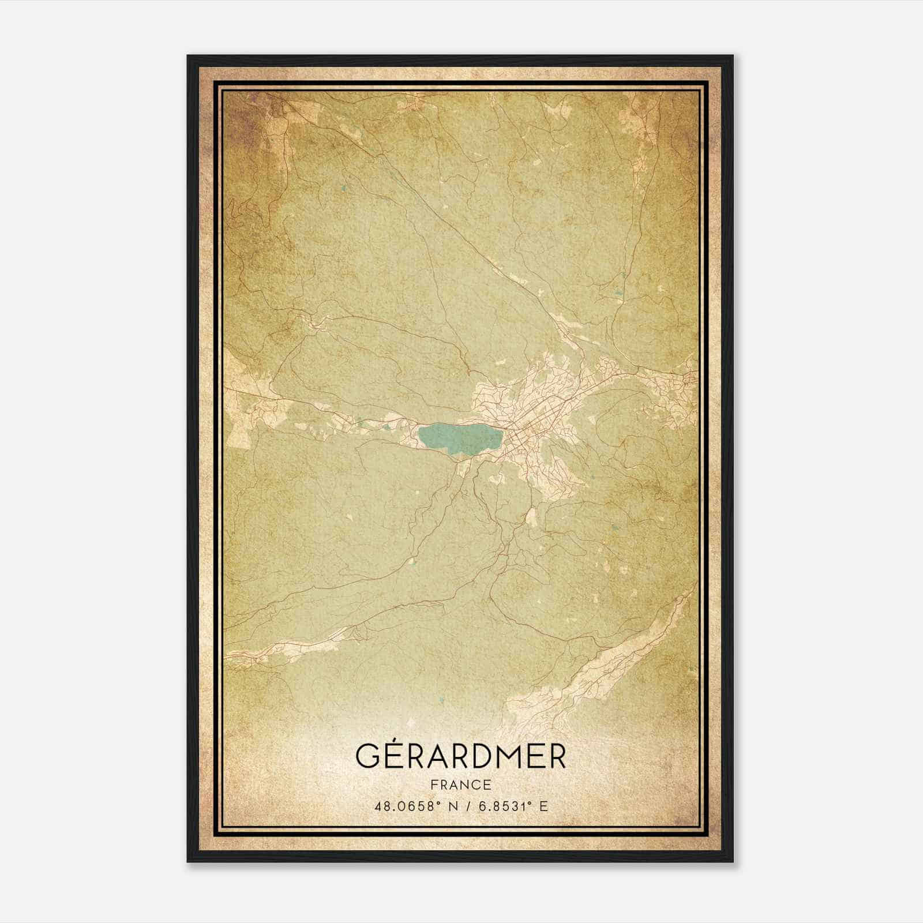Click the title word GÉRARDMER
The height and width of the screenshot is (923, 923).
point(461,755)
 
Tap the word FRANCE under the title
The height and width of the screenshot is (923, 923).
point(461,785)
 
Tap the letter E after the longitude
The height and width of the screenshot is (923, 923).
point(543,806)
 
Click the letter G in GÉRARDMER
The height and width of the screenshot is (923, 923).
point(367,756)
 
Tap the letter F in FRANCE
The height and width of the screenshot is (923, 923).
point(434,785)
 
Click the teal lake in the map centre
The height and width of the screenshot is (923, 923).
point(456,437)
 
